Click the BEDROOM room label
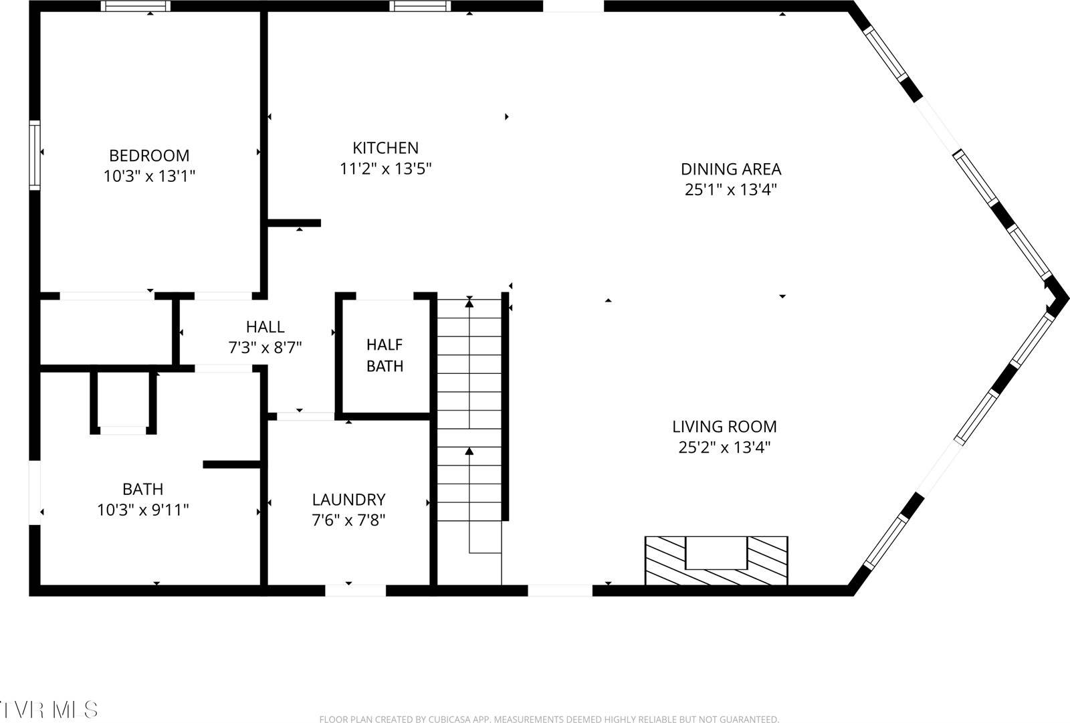tap(149, 155)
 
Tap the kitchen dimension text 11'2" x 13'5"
tap(385, 169)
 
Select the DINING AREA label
tap(731, 169)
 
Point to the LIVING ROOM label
tap(724, 426)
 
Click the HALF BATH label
tap(385, 355)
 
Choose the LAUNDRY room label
tap(348, 499)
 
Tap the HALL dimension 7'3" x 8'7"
tap(265, 347)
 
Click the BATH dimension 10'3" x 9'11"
tap(142, 510)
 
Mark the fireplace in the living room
tap(716, 560)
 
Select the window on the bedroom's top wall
tap(136, 6)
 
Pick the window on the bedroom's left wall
tap(34, 154)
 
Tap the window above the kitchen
tap(421, 6)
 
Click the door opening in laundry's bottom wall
tap(355, 590)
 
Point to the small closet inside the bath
tap(122, 399)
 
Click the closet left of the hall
tap(106, 332)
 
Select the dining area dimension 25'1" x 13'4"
tap(731, 189)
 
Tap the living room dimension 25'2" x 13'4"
tap(724, 447)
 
